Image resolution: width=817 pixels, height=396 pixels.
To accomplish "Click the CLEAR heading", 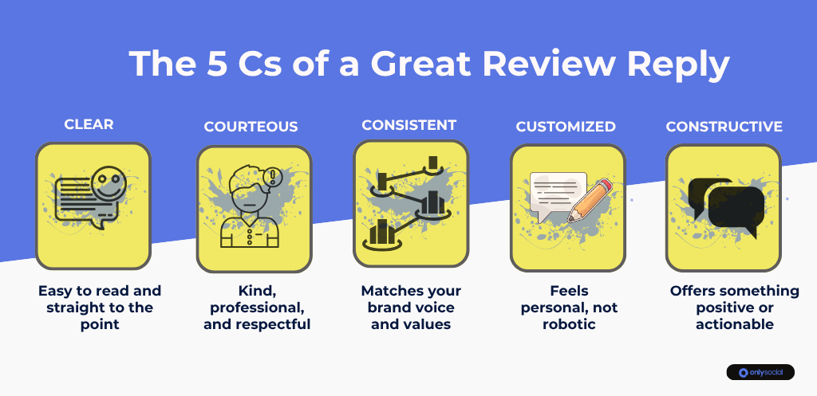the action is click(89, 124).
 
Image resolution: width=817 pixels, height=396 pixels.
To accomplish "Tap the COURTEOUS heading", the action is click(251, 127).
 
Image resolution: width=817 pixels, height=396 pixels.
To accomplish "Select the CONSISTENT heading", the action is click(409, 125).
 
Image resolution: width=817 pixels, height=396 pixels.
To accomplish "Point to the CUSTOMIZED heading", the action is click(566, 127).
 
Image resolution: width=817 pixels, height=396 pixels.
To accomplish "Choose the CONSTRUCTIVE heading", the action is click(724, 127).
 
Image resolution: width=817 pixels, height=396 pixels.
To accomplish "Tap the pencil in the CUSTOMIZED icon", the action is click(590, 200).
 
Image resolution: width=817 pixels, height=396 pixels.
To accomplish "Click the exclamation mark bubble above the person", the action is click(272, 178).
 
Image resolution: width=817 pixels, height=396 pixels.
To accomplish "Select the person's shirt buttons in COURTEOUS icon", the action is click(249, 235).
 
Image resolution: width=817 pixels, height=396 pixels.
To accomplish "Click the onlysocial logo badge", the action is click(760, 372).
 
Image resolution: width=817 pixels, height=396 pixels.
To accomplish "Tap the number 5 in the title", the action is click(218, 64).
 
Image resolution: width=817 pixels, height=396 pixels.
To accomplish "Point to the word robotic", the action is click(569, 324).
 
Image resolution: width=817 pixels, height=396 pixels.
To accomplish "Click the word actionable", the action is click(734, 324).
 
